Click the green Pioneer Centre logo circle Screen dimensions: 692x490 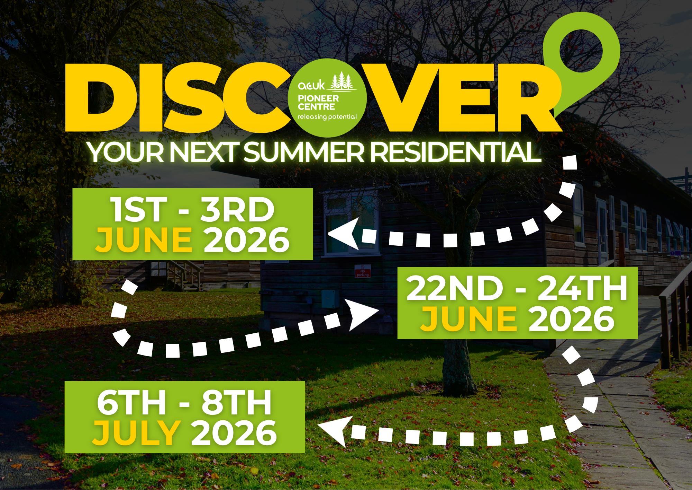[327, 98]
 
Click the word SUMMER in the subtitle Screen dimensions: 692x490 [304, 152]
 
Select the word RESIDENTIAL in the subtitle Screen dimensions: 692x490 [456, 152]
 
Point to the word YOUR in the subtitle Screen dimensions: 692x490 [126, 152]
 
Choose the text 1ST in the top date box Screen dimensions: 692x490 [138, 210]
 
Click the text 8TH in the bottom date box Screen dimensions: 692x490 [237, 402]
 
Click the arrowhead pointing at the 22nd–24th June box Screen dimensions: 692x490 [363, 315]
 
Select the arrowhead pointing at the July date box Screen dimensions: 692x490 [332, 431]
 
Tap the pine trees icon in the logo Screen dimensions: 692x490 [342, 82]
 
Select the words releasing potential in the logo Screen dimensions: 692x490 [327, 117]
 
